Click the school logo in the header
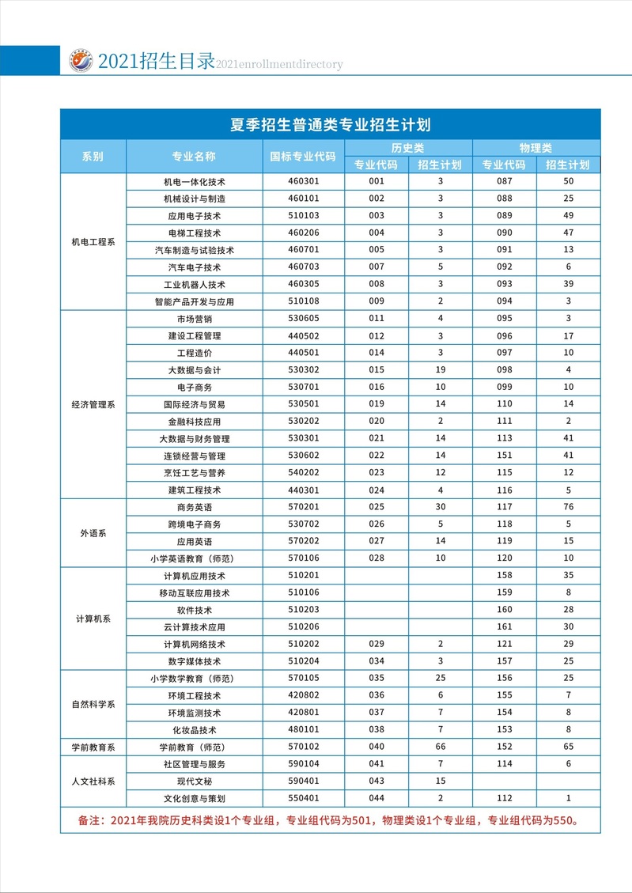coord(80,61)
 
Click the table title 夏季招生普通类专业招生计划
coord(330,125)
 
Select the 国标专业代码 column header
coord(303,156)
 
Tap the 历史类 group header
coord(408,148)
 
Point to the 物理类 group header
coord(535,148)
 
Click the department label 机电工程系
coord(93,242)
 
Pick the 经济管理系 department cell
coord(93,404)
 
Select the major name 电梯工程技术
coord(195,233)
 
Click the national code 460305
coord(303,284)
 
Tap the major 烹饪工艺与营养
coord(195,473)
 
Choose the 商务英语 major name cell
coord(195,507)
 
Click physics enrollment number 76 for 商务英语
coord(569,507)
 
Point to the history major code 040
coord(377,747)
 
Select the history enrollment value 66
coord(441,747)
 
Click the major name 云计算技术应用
coord(195,626)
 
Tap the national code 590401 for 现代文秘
coord(303,781)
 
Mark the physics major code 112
coord(505,798)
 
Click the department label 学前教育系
coord(93,747)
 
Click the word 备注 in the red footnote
coord(89,820)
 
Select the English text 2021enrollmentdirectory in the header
coord(279,65)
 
